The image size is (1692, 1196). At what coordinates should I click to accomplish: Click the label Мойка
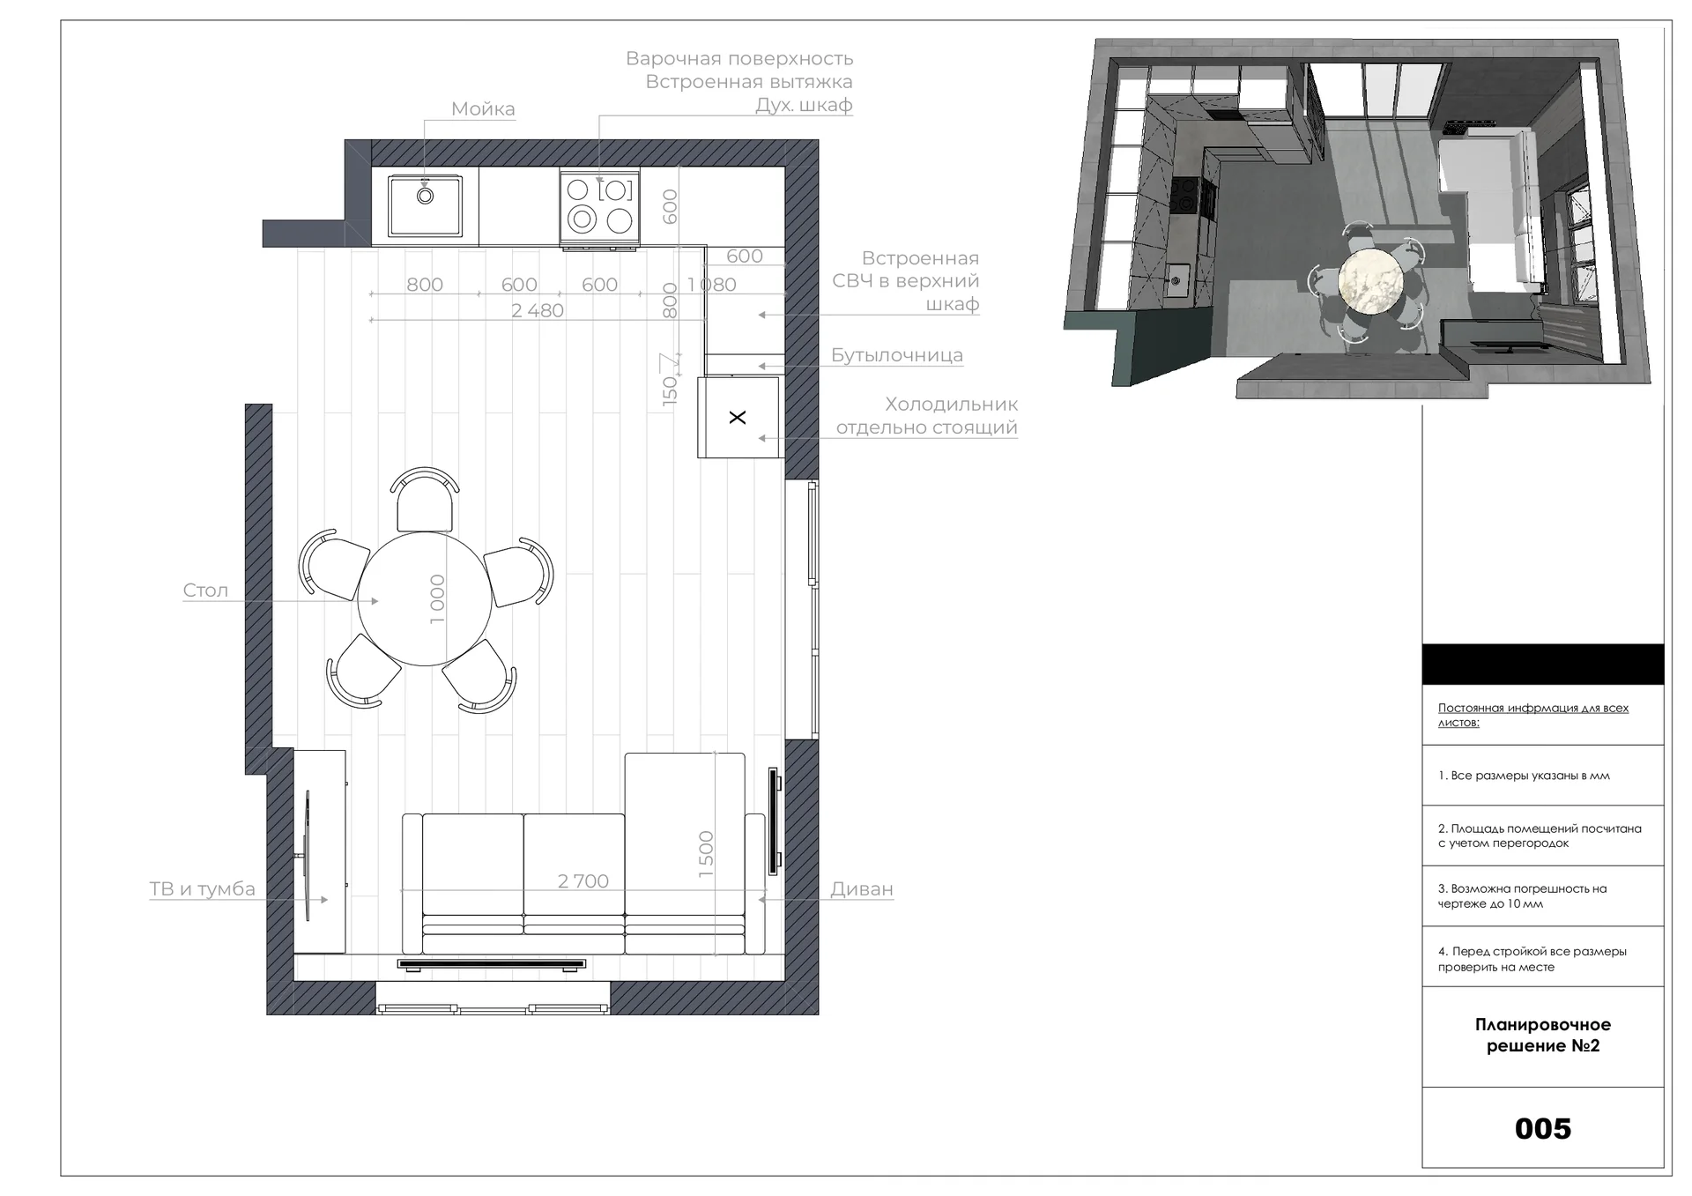point(483,109)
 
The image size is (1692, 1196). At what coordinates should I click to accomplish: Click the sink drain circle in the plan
point(425,196)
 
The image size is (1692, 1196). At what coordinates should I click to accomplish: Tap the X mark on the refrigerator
point(738,417)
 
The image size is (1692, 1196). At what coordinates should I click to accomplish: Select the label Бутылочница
point(897,355)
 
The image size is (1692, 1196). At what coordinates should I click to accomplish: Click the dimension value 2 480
point(538,310)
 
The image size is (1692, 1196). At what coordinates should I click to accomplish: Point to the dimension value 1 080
point(711,285)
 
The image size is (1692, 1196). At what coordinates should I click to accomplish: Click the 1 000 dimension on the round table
point(437,599)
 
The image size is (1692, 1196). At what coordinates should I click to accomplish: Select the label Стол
point(205,591)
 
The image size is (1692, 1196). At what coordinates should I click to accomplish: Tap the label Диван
point(862,889)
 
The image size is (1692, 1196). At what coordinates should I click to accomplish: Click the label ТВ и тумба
point(203,888)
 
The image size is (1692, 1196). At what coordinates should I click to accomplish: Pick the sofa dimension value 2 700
point(583,881)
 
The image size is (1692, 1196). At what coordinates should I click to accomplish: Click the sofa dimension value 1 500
point(706,854)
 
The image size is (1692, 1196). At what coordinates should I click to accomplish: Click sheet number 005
point(1542,1128)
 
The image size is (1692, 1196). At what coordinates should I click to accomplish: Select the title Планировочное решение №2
point(1543,1036)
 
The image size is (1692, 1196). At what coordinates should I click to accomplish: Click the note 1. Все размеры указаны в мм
point(1524,776)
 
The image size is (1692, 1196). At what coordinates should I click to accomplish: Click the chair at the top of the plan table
point(425,499)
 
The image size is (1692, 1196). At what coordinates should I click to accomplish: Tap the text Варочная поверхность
point(739,59)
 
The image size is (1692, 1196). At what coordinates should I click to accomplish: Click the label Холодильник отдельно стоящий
point(927,416)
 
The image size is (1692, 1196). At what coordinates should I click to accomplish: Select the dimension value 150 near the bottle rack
point(670,388)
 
